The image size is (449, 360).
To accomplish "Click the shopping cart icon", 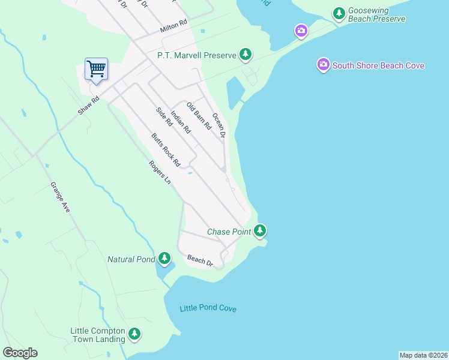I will click(96, 69).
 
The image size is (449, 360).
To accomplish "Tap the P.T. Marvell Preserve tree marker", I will click(245, 55).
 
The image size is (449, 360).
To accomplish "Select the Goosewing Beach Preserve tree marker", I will click(339, 13).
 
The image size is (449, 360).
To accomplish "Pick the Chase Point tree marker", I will click(259, 230).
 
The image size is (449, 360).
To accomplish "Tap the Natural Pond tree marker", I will click(164, 259).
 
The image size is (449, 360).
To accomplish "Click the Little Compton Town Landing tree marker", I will click(134, 334).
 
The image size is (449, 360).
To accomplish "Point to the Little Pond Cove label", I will click(208, 308).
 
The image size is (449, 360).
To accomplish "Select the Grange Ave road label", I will click(60, 197).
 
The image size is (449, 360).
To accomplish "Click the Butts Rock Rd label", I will click(166, 149).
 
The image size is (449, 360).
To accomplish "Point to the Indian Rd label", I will click(180, 122).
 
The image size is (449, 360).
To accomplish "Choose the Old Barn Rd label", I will click(199, 116).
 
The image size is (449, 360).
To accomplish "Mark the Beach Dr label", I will click(200, 260).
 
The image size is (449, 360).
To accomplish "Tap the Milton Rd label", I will click(173, 28).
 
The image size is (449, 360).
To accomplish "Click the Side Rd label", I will click(164, 116).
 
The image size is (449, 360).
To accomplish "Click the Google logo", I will click(20, 353).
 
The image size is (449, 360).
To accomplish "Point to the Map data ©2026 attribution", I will click(423, 355).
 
